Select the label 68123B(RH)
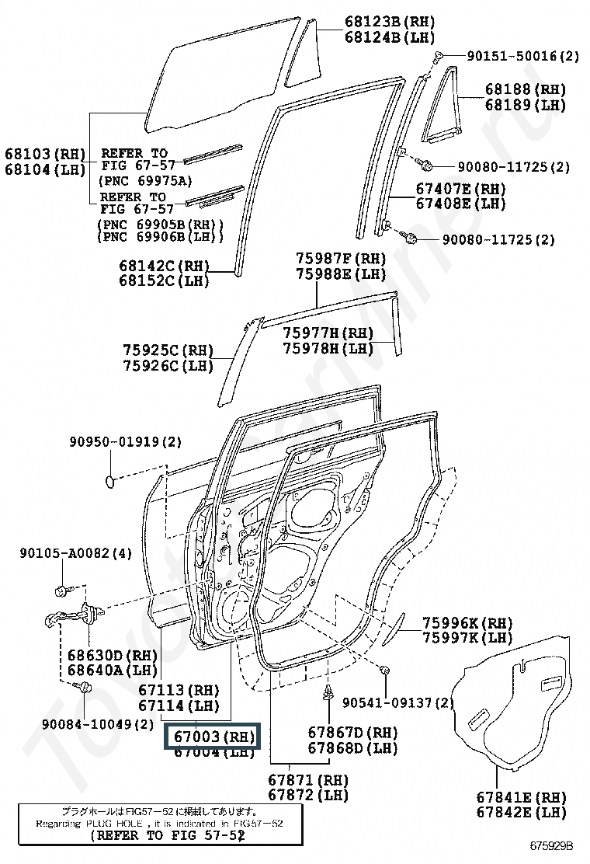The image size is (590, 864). click(x=379, y=23)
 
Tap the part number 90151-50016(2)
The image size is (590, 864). click(x=522, y=56)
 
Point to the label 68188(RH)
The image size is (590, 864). click(x=526, y=89)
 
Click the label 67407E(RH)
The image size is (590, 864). click(x=460, y=189)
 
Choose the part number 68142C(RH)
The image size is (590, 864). click(x=164, y=265)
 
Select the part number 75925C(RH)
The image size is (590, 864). click(x=168, y=350)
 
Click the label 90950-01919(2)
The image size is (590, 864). click(x=123, y=441)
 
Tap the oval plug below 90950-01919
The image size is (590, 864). click(x=110, y=483)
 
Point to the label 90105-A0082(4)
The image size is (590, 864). click(x=75, y=553)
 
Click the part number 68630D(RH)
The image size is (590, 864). click(x=112, y=655)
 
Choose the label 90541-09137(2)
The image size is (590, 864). click(x=397, y=702)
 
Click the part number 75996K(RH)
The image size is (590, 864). click(x=467, y=622)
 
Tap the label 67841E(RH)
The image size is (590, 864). click(x=521, y=796)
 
